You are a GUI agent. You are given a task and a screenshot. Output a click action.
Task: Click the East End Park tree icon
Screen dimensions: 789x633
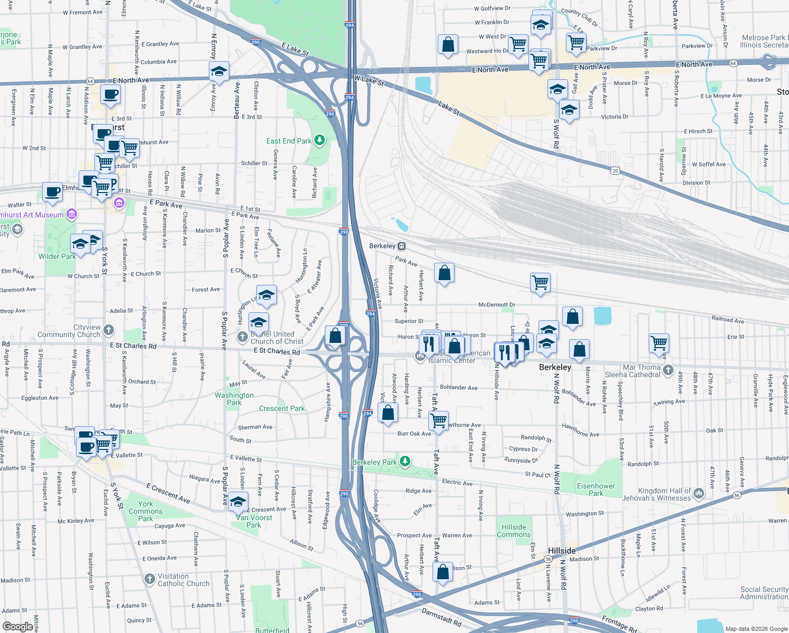click(320, 140)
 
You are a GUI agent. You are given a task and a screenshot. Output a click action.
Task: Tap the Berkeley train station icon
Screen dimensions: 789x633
click(402, 246)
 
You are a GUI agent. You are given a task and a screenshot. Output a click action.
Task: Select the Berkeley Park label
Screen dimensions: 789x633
click(374, 462)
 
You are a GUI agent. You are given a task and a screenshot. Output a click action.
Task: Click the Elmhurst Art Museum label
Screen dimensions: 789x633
click(33, 215)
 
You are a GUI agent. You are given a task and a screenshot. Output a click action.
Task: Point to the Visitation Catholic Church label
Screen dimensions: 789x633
click(184, 580)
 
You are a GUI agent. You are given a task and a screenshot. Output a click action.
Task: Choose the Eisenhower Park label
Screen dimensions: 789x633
click(596, 490)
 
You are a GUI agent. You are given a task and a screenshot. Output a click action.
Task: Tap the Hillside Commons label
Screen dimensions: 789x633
click(514, 531)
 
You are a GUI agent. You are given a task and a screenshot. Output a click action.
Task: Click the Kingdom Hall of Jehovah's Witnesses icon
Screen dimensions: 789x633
click(699, 494)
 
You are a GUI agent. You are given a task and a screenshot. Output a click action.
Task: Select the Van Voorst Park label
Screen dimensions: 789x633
click(254, 521)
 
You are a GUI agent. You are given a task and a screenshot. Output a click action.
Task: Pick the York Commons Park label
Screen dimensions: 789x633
click(146, 511)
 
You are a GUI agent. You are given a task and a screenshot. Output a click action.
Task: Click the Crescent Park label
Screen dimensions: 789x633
click(282, 408)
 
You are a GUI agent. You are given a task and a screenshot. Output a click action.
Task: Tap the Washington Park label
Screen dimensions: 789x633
click(234, 399)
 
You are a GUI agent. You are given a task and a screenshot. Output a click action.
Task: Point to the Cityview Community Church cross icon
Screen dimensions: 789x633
click(109, 330)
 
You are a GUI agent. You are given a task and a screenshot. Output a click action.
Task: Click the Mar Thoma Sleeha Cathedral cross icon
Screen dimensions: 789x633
click(669, 370)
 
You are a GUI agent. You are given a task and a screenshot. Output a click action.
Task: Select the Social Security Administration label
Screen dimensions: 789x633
click(764, 593)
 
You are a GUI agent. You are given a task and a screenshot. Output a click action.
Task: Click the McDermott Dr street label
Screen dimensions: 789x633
click(497, 304)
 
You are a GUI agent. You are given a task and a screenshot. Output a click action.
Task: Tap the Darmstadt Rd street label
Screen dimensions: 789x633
click(441, 617)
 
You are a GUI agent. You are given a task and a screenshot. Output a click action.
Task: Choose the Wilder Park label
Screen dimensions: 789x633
click(57, 256)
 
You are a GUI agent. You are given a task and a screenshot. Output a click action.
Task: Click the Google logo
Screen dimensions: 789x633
click(17, 627)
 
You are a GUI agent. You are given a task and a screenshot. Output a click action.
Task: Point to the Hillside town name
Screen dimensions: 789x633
click(562, 551)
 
